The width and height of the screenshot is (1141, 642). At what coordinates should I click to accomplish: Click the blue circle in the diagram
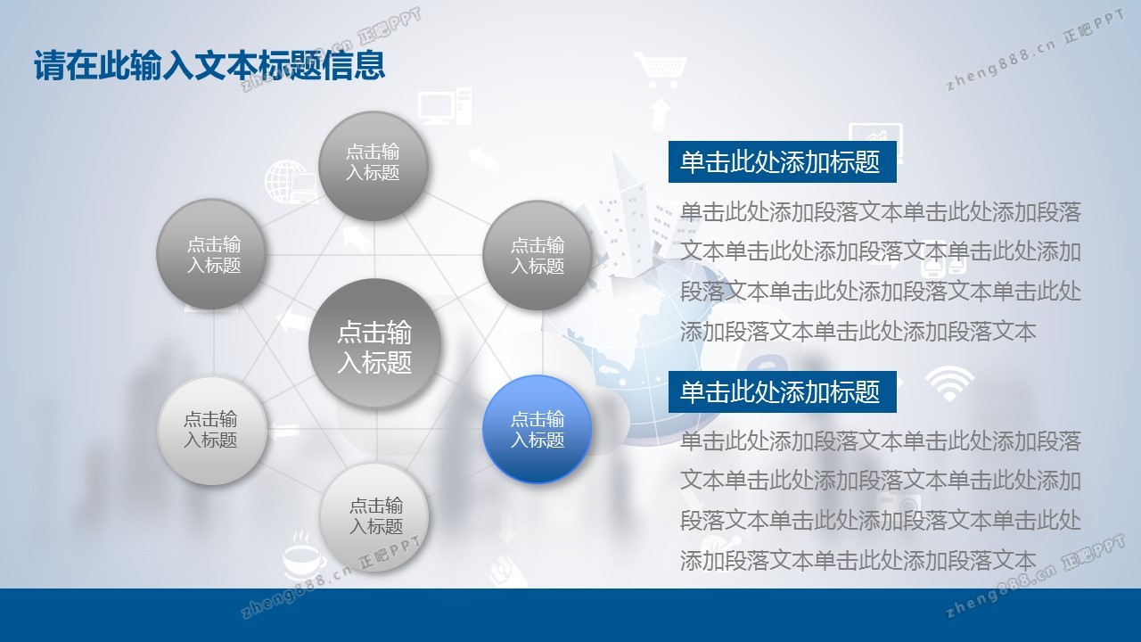[537, 429]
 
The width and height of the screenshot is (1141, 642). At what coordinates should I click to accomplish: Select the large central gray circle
[374, 343]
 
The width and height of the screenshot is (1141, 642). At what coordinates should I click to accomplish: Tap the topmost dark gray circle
[373, 166]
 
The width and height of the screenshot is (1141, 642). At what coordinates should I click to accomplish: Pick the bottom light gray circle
[374, 516]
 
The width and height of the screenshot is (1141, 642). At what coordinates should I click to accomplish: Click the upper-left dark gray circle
[211, 254]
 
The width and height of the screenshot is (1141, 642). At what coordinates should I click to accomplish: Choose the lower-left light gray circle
[212, 431]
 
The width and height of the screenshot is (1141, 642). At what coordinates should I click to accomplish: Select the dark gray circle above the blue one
[537, 255]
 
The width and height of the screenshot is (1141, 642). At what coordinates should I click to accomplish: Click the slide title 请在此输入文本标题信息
[209, 65]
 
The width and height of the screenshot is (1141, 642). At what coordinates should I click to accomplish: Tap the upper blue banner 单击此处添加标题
[782, 162]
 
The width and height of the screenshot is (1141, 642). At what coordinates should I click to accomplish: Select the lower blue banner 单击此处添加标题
[782, 391]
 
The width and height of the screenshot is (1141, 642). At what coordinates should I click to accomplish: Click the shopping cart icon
[661, 70]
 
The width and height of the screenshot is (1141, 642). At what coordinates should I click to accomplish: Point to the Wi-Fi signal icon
[949, 383]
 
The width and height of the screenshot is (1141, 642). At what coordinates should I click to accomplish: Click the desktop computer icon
[445, 106]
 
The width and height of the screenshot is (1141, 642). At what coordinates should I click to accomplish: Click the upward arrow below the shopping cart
[660, 113]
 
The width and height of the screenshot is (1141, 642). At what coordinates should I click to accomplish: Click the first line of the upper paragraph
[880, 212]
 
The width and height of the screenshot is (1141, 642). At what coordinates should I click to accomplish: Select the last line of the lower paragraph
[858, 560]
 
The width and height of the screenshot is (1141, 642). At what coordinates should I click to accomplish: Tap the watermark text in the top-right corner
[1035, 50]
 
